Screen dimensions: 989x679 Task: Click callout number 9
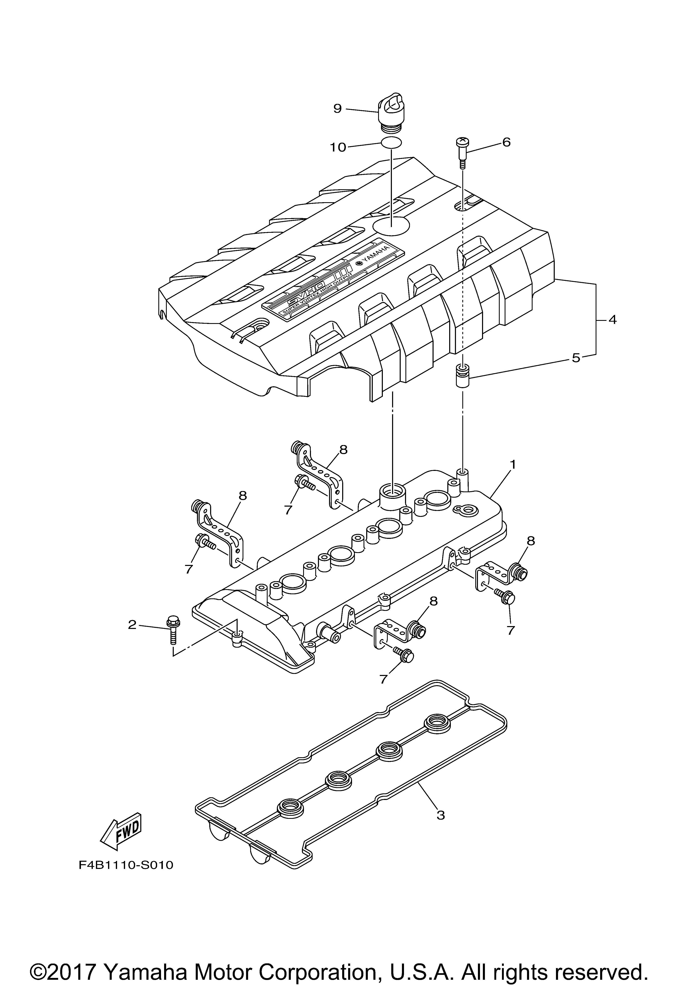(337, 109)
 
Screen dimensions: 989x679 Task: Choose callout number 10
(338, 148)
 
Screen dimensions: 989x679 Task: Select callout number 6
(506, 142)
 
